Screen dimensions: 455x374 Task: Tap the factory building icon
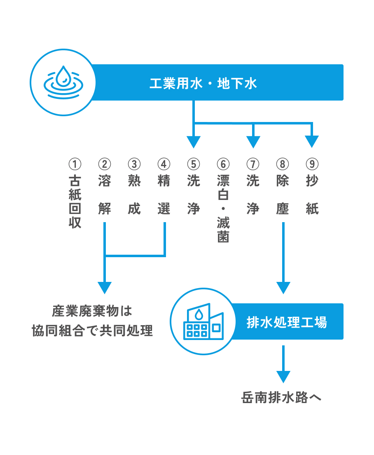point(202,322)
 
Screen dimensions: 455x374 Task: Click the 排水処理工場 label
point(287,322)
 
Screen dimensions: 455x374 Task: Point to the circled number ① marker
point(75,164)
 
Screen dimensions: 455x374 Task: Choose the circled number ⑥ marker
point(223,164)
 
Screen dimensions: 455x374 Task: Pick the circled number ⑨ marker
point(312,164)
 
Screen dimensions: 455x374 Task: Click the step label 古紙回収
point(75,202)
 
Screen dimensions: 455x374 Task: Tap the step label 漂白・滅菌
point(223,209)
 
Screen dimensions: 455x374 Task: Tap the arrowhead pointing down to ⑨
point(312,142)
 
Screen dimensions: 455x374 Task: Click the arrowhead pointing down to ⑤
point(193,142)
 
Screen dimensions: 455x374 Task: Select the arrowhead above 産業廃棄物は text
point(105,287)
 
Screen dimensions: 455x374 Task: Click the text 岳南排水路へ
point(281,398)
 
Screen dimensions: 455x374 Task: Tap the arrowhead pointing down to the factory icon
point(283,287)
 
